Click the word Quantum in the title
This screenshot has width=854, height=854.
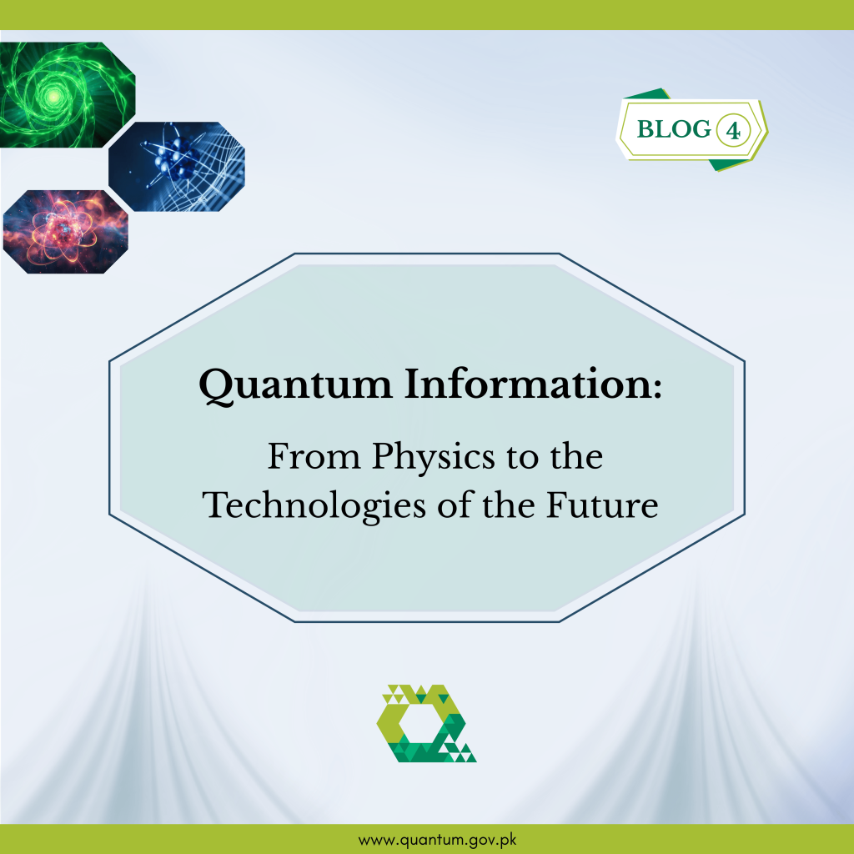coord(295,385)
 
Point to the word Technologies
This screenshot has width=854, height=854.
coord(314,505)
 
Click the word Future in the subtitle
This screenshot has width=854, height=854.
coord(602,505)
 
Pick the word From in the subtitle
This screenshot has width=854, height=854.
coord(314,456)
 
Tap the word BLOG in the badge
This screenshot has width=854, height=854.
coord(674,129)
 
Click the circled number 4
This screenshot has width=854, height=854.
coord(733,131)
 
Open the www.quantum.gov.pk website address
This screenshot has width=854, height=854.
coord(437,840)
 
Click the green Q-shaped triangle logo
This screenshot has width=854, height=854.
coord(426,723)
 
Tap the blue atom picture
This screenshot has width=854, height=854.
coord(177,167)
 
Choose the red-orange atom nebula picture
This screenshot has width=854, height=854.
coord(65,232)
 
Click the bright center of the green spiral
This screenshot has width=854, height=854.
coord(53,97)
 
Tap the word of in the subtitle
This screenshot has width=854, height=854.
coord(455,505)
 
